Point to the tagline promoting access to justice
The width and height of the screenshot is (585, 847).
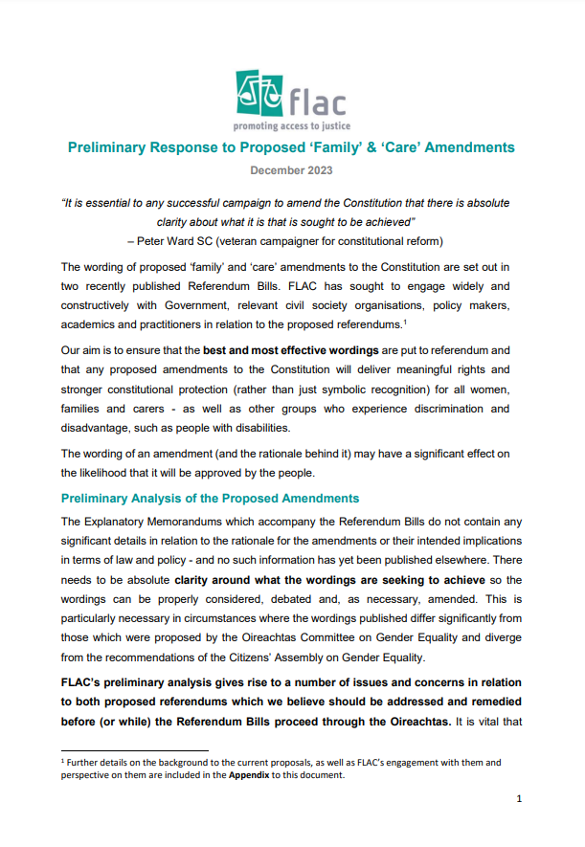pos(292,125)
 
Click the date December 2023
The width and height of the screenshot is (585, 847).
pos(291,170)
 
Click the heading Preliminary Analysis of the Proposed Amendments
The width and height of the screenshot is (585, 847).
pos(210,499)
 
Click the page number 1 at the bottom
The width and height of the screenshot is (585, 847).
pos(518,798)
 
